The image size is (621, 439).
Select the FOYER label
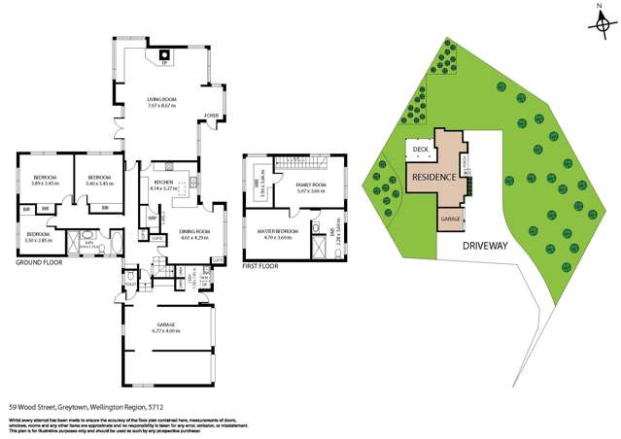[209, 117]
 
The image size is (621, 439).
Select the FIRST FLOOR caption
[262, 263]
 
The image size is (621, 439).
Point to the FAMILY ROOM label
[312, 186]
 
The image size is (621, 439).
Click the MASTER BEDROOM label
[278, 233]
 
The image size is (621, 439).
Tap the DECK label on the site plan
[420, 149]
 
